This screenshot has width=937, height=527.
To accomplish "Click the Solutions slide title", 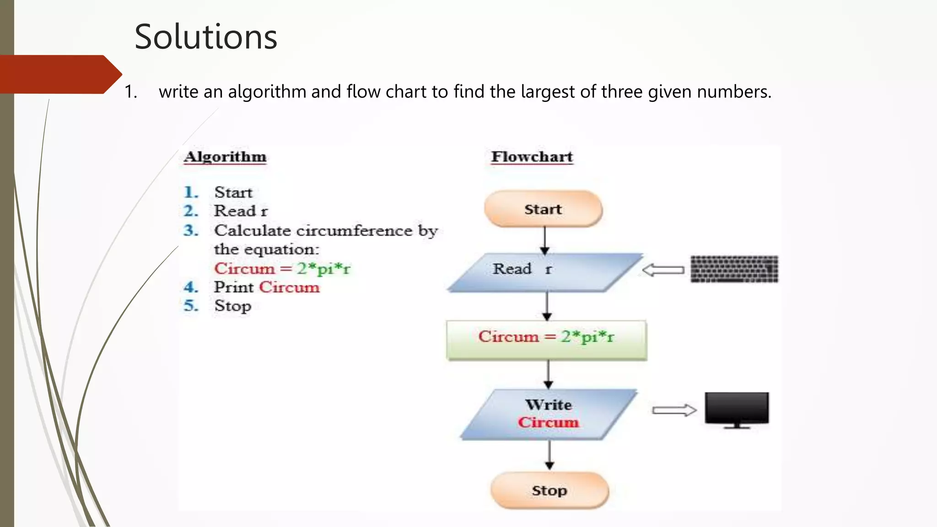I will [x=206, y=37].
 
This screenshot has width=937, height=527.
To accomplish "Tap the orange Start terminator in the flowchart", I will [x=543, y=209].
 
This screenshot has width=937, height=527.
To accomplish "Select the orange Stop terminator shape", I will [x=549, y=490].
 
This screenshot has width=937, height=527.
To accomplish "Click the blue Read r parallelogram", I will [x=544, y=272].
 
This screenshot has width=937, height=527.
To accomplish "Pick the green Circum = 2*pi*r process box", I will [x=546, y=340].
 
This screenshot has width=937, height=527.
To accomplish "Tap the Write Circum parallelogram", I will [x=548, y=414].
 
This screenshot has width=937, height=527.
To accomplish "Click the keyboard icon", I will [x=734, y=269].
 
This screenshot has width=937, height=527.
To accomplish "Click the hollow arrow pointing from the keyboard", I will [x=663, y=270].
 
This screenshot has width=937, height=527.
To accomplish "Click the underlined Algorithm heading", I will [x=225, y=157].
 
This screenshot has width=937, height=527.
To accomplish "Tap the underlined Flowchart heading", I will [x=532, y=157].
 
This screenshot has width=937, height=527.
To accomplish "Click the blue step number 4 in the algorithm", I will [x=191, y=287].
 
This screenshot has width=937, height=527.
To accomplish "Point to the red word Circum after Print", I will [x=289, y=287].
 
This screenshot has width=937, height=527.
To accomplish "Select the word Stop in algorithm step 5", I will [x=232, y=306].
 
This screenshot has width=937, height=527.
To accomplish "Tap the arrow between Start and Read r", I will [x=544, y=240].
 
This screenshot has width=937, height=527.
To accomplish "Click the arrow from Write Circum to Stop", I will [x=549, y=455].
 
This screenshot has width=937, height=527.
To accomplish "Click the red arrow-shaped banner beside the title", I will [x=59, y=74].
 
